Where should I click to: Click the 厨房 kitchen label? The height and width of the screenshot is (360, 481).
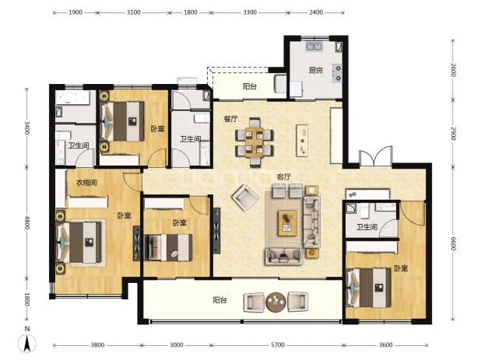tap(316, 70)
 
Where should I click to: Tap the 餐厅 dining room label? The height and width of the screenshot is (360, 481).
tap(230, 118)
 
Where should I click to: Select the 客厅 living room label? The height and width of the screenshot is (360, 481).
tap(284, 177)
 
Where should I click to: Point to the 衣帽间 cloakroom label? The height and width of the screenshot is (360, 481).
tap(87, 183)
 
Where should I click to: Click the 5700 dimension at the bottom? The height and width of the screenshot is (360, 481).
tap(277, 345)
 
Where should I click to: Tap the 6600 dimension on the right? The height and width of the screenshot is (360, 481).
tap(454, 243)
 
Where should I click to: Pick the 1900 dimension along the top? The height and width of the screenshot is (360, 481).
tap(75, 12)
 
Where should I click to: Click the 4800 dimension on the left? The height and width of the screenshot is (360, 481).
tap(27, 222)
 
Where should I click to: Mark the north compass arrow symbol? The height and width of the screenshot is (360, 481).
tap(27, 343)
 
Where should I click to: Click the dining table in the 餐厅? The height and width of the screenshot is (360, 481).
tap(254, 142)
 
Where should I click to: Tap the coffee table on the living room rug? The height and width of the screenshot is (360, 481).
tap(287, 223)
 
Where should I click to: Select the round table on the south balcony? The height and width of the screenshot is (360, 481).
tap(276, 302)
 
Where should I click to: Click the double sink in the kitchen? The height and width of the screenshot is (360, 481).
tap(314, 47)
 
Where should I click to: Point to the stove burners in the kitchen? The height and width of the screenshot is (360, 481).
tap(338, 73)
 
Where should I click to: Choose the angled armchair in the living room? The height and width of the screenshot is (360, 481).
tap(245, 197)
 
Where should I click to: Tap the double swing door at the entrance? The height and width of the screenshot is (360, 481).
tap(376, 157)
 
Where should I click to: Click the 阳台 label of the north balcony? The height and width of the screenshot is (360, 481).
tap(249, 86)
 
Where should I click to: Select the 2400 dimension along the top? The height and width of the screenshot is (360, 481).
tap(316, 12)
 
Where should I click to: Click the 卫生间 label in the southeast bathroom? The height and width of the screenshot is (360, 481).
tap(367, 227)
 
